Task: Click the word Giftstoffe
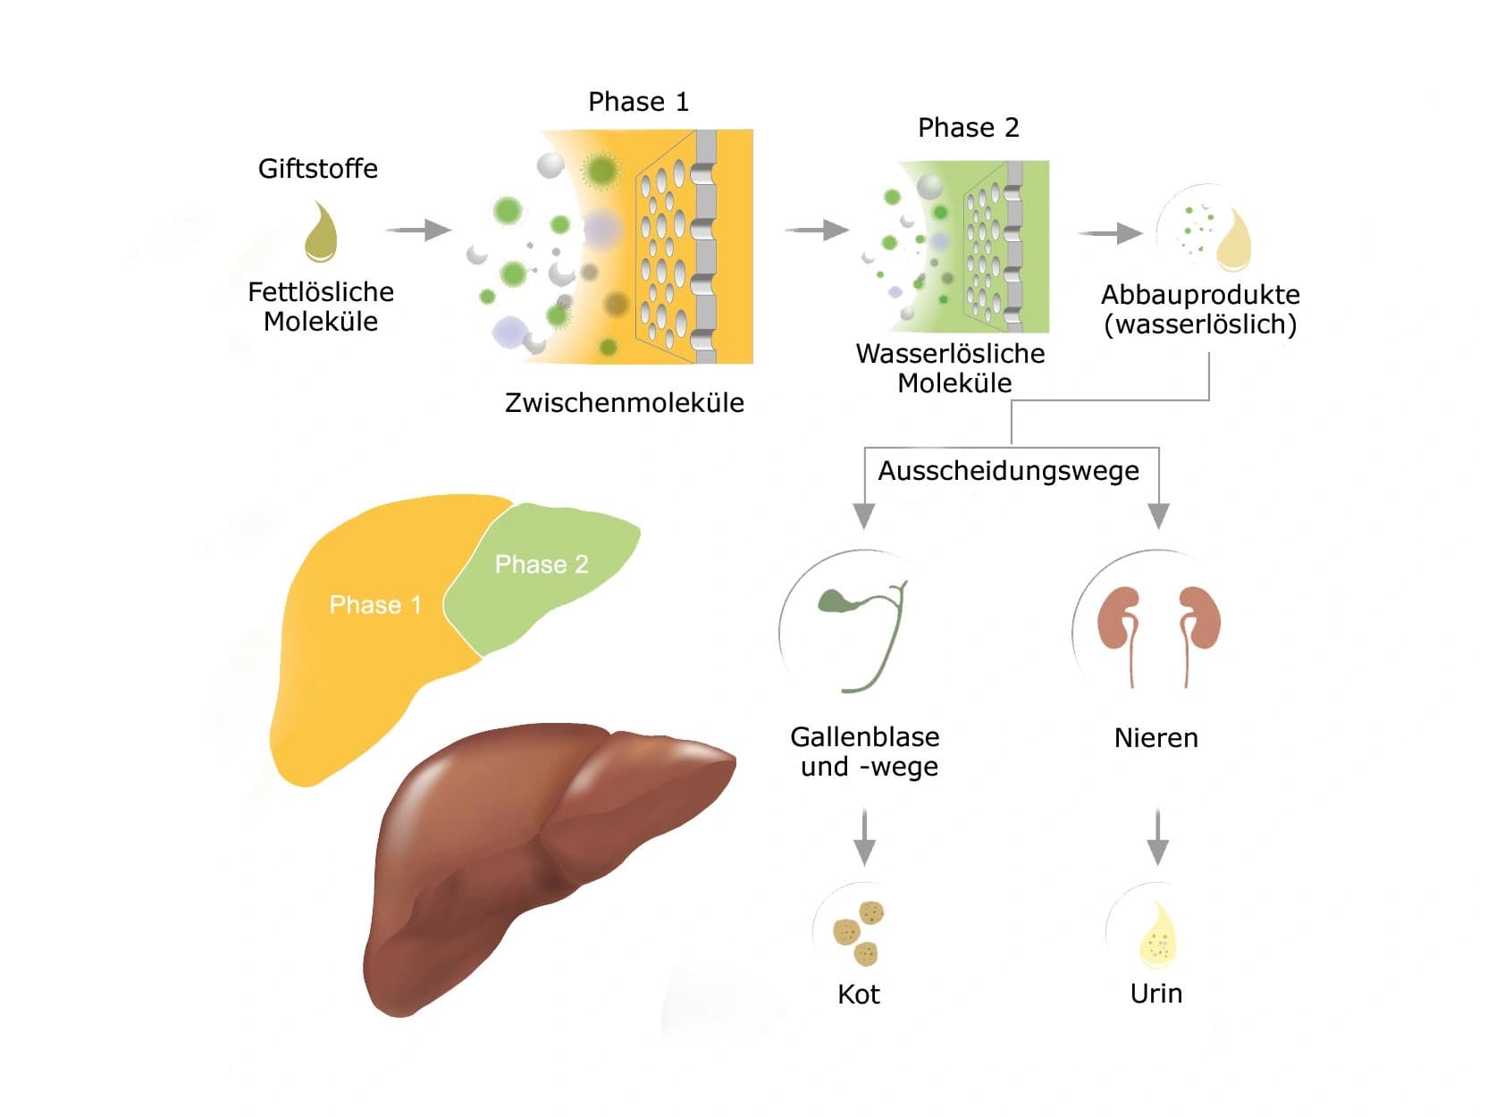(x=317, y=169)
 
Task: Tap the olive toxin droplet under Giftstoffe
(x=321, y=231)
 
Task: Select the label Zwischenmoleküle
(x=624, y=403)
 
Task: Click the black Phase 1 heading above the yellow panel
(x=638, y=102)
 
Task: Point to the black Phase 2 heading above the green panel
(x=968, y=128)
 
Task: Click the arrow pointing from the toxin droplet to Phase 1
(x=418, y=231)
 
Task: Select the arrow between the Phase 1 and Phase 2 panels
(x=816, y=231)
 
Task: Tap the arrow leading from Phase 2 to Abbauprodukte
(x=1110, y=233)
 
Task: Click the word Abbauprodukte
(x=1200, y=296)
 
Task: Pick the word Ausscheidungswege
(x=1008, y=471)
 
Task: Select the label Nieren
(x=1155, y=738)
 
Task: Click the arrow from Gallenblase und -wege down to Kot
(x=864, y=836)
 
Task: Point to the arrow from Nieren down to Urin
(x=1157, y=836)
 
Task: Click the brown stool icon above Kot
(x=859, y=933)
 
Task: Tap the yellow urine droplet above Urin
(x=1158, y=935)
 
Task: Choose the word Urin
(x=1155, y=994)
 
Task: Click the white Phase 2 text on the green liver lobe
(x=542, y=564)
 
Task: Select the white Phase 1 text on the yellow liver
(x=375, y=604)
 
